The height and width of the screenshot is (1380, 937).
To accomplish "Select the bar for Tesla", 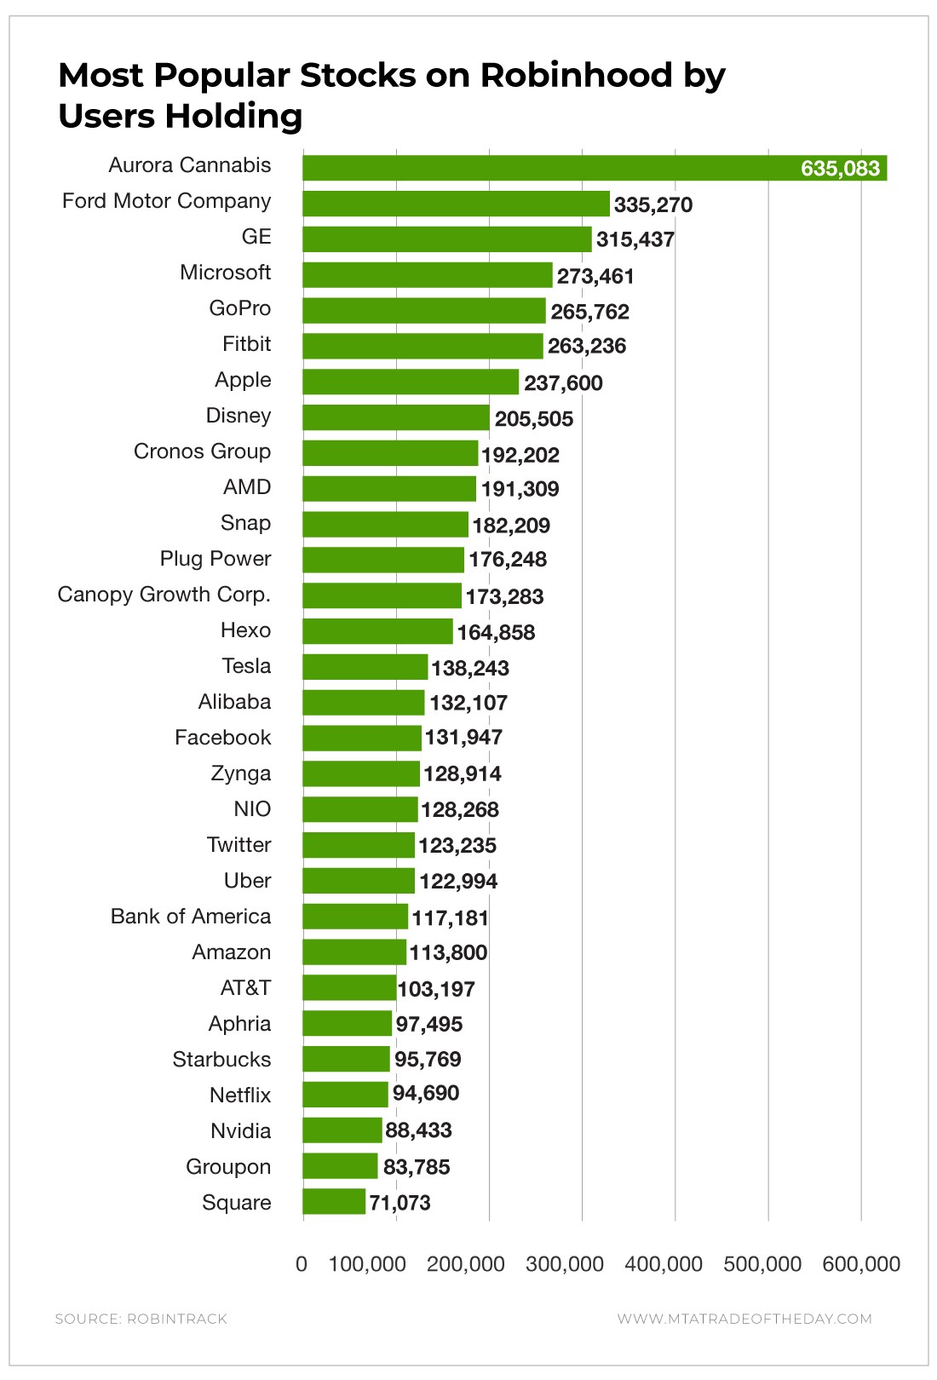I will tap(365, 667).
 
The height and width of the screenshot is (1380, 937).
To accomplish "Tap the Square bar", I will tap(334, 1202).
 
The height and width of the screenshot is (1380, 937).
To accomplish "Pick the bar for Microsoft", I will tap(427, 274).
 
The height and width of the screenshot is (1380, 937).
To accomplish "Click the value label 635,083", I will tap(840, 169).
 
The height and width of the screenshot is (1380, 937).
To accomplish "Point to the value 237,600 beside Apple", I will tap(563, 383).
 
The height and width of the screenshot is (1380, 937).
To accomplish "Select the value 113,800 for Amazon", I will tap(448, 952).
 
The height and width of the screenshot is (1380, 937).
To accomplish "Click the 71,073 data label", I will tap(400, 1203).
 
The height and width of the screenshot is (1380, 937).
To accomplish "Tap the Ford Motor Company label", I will tap(167, 201).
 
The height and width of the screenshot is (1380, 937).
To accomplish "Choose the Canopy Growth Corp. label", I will tap(164, 595).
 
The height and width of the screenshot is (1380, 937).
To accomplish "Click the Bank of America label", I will tap(191, 917).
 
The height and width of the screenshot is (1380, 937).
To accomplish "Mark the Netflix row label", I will tap(240, 1095).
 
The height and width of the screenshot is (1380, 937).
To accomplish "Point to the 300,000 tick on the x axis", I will tap(565, 1264).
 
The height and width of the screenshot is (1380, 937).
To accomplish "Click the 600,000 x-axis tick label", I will tap(861, 1264).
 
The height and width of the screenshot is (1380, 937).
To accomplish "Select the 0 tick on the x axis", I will tap(302, 1264).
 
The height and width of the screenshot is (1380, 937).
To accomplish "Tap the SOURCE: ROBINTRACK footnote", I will tap(141, 1319).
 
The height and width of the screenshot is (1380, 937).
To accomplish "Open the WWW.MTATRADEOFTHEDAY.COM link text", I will tap(744, 1319).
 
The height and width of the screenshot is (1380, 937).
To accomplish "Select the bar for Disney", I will tap(396, 417).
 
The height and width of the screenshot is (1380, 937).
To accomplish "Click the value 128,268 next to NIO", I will tap(460, 809).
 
